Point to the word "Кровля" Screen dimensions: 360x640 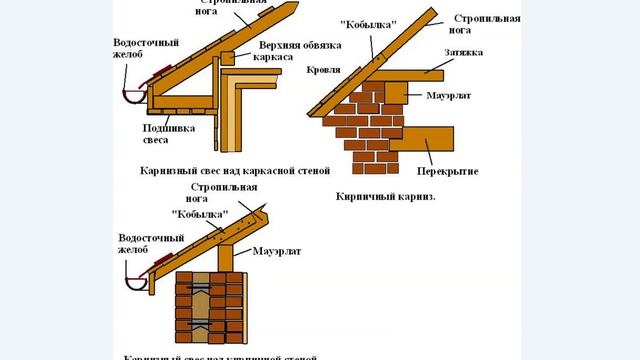324,72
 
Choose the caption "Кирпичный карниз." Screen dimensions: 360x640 379,199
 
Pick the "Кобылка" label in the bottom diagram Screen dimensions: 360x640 200,215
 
